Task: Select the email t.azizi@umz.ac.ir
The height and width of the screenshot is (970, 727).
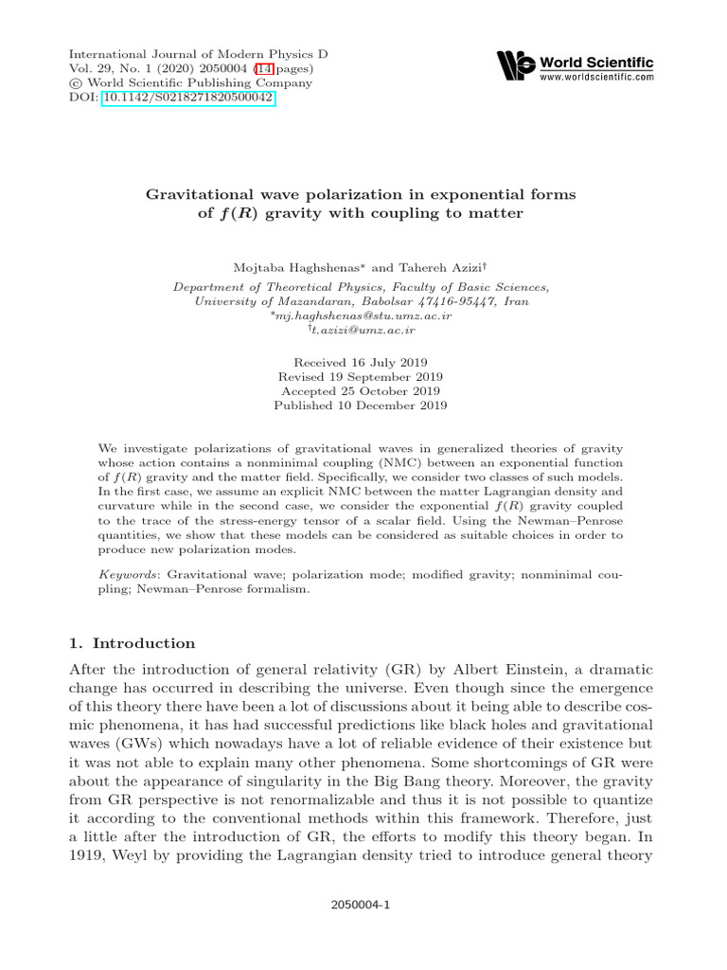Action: pos(363,330)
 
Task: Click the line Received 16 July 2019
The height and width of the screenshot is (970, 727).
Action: pos(360,362)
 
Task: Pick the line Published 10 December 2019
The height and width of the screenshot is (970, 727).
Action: pos(360,404)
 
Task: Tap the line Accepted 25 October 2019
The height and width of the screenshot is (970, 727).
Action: pos(360,390)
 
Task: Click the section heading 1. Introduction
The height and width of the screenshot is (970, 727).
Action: pos(133,642)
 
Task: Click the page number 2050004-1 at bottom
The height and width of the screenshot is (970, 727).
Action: pos(360,905)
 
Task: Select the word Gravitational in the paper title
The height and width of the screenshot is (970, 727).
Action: pos(194,194)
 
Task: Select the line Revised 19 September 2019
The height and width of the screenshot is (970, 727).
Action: pos(360,376)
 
